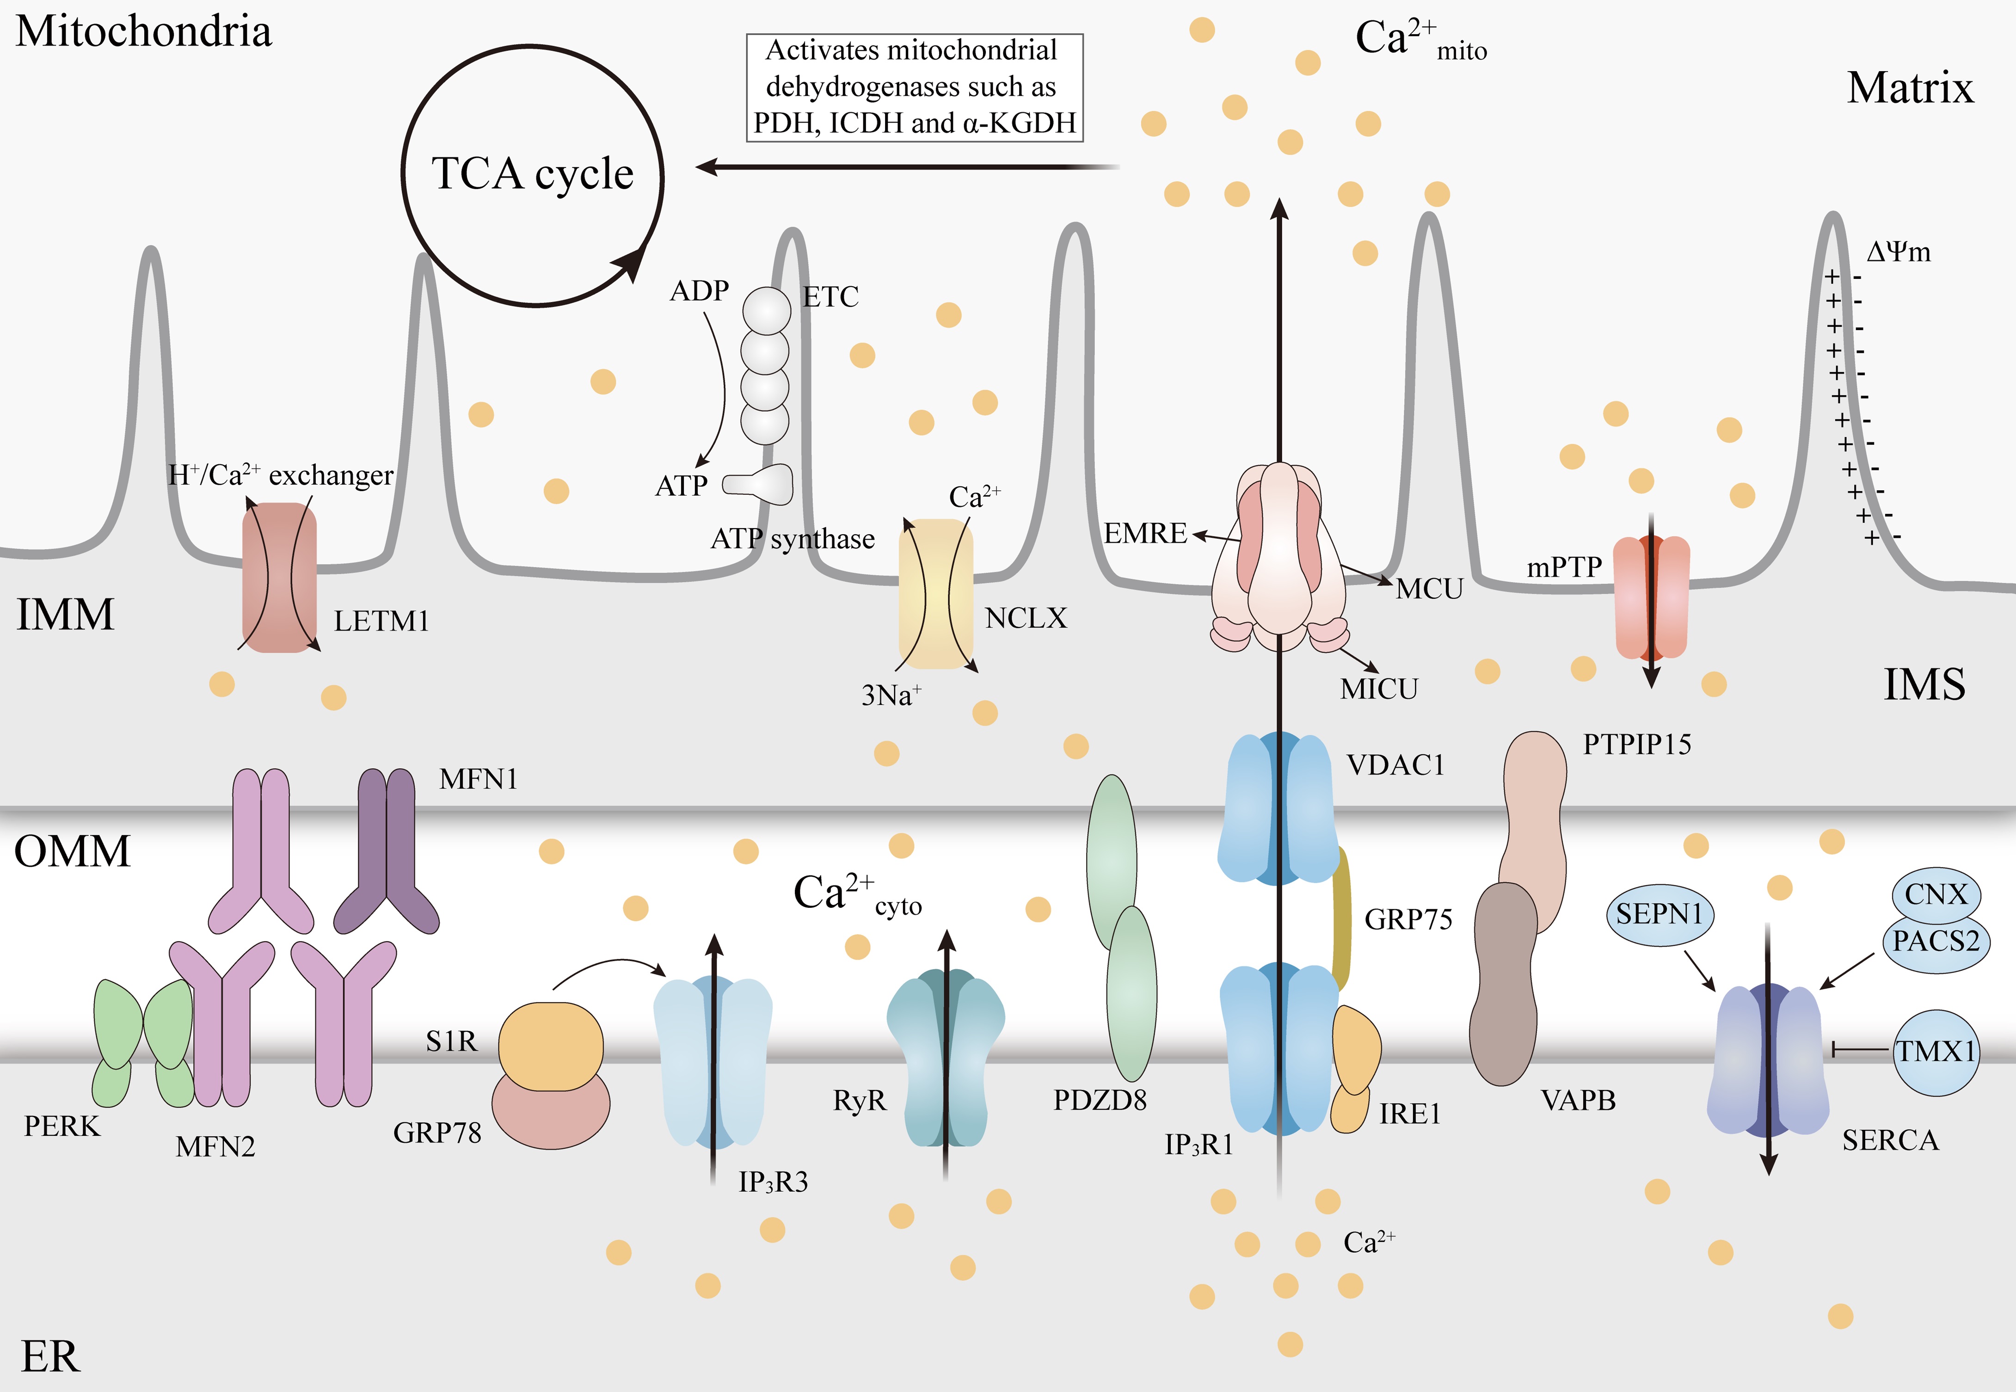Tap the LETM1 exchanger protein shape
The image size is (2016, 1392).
[x=279, y=578]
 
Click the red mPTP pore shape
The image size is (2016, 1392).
[x=1651, y=597]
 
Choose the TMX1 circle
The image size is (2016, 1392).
[x=1936, y=1052]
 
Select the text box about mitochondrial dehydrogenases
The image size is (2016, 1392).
[x=914, y=87]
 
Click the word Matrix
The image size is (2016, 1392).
[x=1910, y=88]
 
